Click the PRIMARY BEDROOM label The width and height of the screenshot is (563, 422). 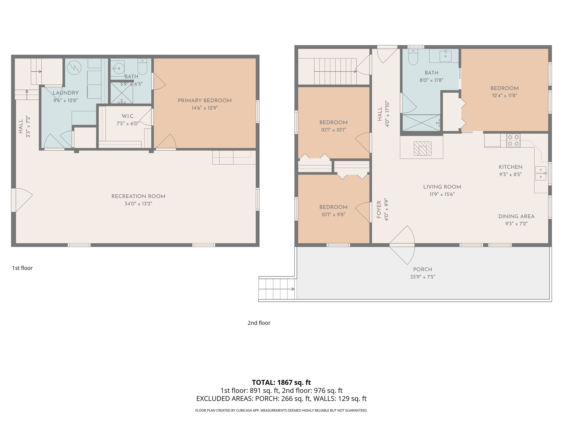click(205, 101)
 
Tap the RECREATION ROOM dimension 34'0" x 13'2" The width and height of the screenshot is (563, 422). click(138, 204)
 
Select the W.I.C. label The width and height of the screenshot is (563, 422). click(128, 116)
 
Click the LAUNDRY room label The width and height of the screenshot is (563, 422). click(66, 93)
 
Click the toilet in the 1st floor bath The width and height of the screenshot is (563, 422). click(142, 67)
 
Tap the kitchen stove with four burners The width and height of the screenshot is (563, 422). click(513, 140)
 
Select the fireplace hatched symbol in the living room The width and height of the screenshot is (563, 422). click(422, 149)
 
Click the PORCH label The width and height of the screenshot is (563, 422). click(423, 270)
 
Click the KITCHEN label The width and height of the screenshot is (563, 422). click(510, 167)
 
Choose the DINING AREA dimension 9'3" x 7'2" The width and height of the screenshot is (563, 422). click(516, 224)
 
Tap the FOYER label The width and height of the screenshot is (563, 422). click(379, 209)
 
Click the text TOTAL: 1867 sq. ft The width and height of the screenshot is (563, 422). click(281, 382)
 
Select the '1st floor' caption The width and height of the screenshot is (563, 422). click(22, 268)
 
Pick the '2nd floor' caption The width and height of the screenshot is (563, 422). click(259, 323)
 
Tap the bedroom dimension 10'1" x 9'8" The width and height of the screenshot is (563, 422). click(333, 215)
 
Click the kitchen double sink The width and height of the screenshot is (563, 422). click(540, 173)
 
